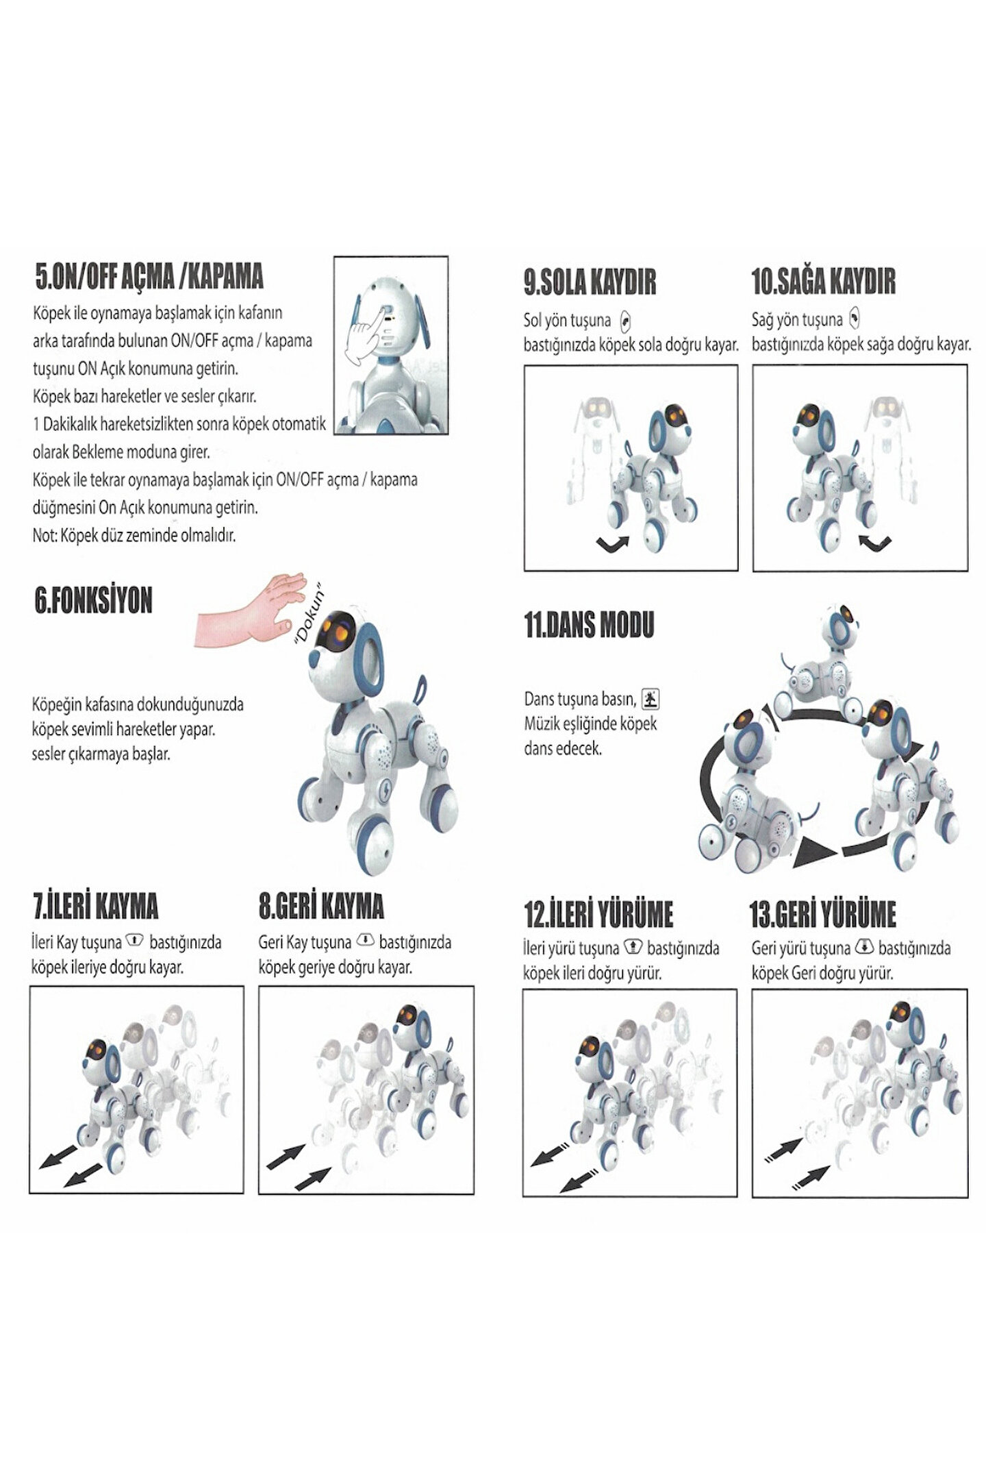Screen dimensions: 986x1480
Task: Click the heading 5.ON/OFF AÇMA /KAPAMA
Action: tap(149, 277)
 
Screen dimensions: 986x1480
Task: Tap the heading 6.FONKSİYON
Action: tap(93, 601)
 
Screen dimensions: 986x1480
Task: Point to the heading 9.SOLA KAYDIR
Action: tap(590, 282)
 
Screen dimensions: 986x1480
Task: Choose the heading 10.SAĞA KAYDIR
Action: tap(824, 282)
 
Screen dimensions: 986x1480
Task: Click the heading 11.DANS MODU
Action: tap(590, 625)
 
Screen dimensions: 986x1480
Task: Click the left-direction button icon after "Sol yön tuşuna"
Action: tap(624, 321)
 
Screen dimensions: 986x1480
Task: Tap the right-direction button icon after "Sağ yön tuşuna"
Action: tap(853, 319)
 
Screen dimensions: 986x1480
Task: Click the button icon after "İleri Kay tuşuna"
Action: tap(134, 941)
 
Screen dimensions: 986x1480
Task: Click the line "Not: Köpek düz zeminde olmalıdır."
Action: tap(134, 536)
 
